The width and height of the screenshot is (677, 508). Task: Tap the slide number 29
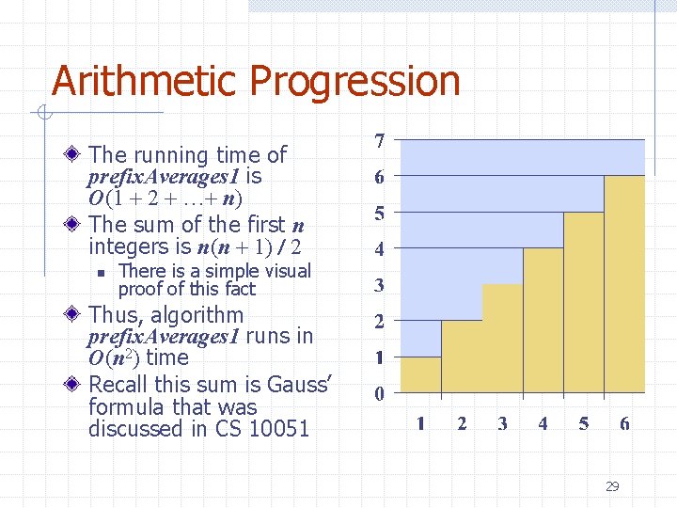point(612,486)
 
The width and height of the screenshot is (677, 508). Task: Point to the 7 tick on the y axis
point(379,141)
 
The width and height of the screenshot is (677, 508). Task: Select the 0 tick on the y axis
point(379,394)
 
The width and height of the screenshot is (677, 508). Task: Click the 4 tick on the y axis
point(379,249)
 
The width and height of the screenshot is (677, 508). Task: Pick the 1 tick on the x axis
point(420,423)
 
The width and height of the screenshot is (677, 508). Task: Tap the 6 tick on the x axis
point(624,423)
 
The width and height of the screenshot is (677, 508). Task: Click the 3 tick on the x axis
point(502,423)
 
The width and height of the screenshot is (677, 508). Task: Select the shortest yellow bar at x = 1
point(420,374)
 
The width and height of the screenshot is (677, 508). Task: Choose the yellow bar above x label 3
point(502,339)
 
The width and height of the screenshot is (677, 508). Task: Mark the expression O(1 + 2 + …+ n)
point(165,199)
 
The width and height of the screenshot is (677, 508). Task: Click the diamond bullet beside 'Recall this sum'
point(75,385)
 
